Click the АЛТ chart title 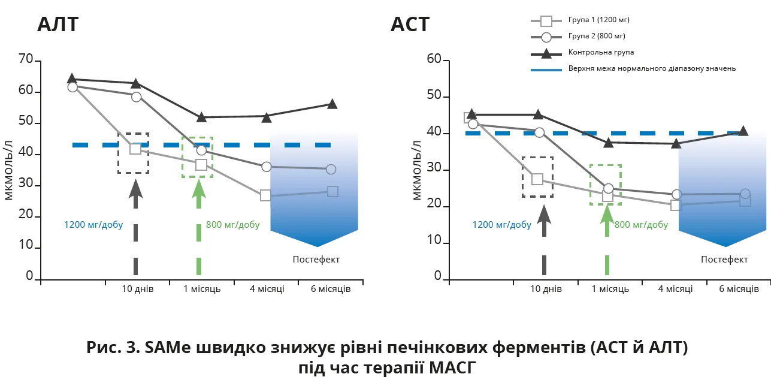click(x=58, y=25)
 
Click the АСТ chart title click(x=410, y=25)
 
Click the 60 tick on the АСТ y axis click(x=434, y=59)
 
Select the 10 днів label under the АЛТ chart click(x=138, y=289)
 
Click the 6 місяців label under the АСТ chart click(x=739, y=289)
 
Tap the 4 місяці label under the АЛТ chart click(x=267, y=289)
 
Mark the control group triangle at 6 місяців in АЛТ click(x=332, y=104)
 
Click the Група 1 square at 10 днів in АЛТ click(x=135, y=149)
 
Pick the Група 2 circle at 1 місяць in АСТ click(x=608, y=188)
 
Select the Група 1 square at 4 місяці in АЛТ click(x=265, y=195)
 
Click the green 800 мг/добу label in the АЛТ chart click(x=233, y=225)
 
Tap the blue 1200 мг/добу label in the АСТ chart click(x=502, y=225)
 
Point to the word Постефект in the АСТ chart click(x=724, y=260)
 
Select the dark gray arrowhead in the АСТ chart click(x=544, y=215)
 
